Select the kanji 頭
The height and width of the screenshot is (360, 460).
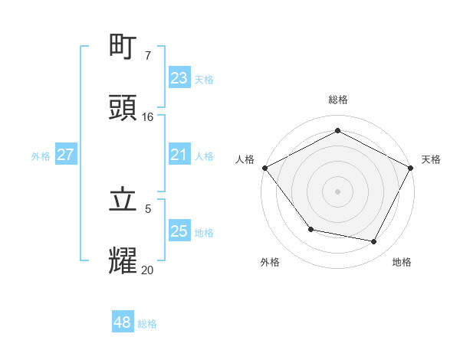(123, 109)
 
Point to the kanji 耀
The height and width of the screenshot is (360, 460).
(123, 261)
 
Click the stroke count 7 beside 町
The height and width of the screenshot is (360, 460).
(148, 56)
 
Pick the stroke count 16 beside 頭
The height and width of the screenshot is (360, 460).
(148, 117)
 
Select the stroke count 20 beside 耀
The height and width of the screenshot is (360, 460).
(148, 270)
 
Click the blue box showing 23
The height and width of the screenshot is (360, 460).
(179, 78)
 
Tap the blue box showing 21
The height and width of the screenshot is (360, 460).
(179, 155)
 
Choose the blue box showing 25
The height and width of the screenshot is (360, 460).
(179, 231)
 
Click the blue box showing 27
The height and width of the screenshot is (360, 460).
(66, 155)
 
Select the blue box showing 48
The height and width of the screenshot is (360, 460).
(123, 323)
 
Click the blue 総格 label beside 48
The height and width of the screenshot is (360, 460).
(147, 324)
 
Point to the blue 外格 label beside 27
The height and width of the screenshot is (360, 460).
(41, 155)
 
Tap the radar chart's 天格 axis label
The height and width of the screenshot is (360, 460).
(431, 159)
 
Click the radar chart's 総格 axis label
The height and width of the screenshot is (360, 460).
(337, 100)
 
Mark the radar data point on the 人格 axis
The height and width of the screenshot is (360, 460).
(264, 168)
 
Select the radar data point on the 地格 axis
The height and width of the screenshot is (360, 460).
(374, 241)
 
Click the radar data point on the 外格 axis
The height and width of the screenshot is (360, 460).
(310, 228)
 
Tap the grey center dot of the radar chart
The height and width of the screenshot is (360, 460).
(337, 191)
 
